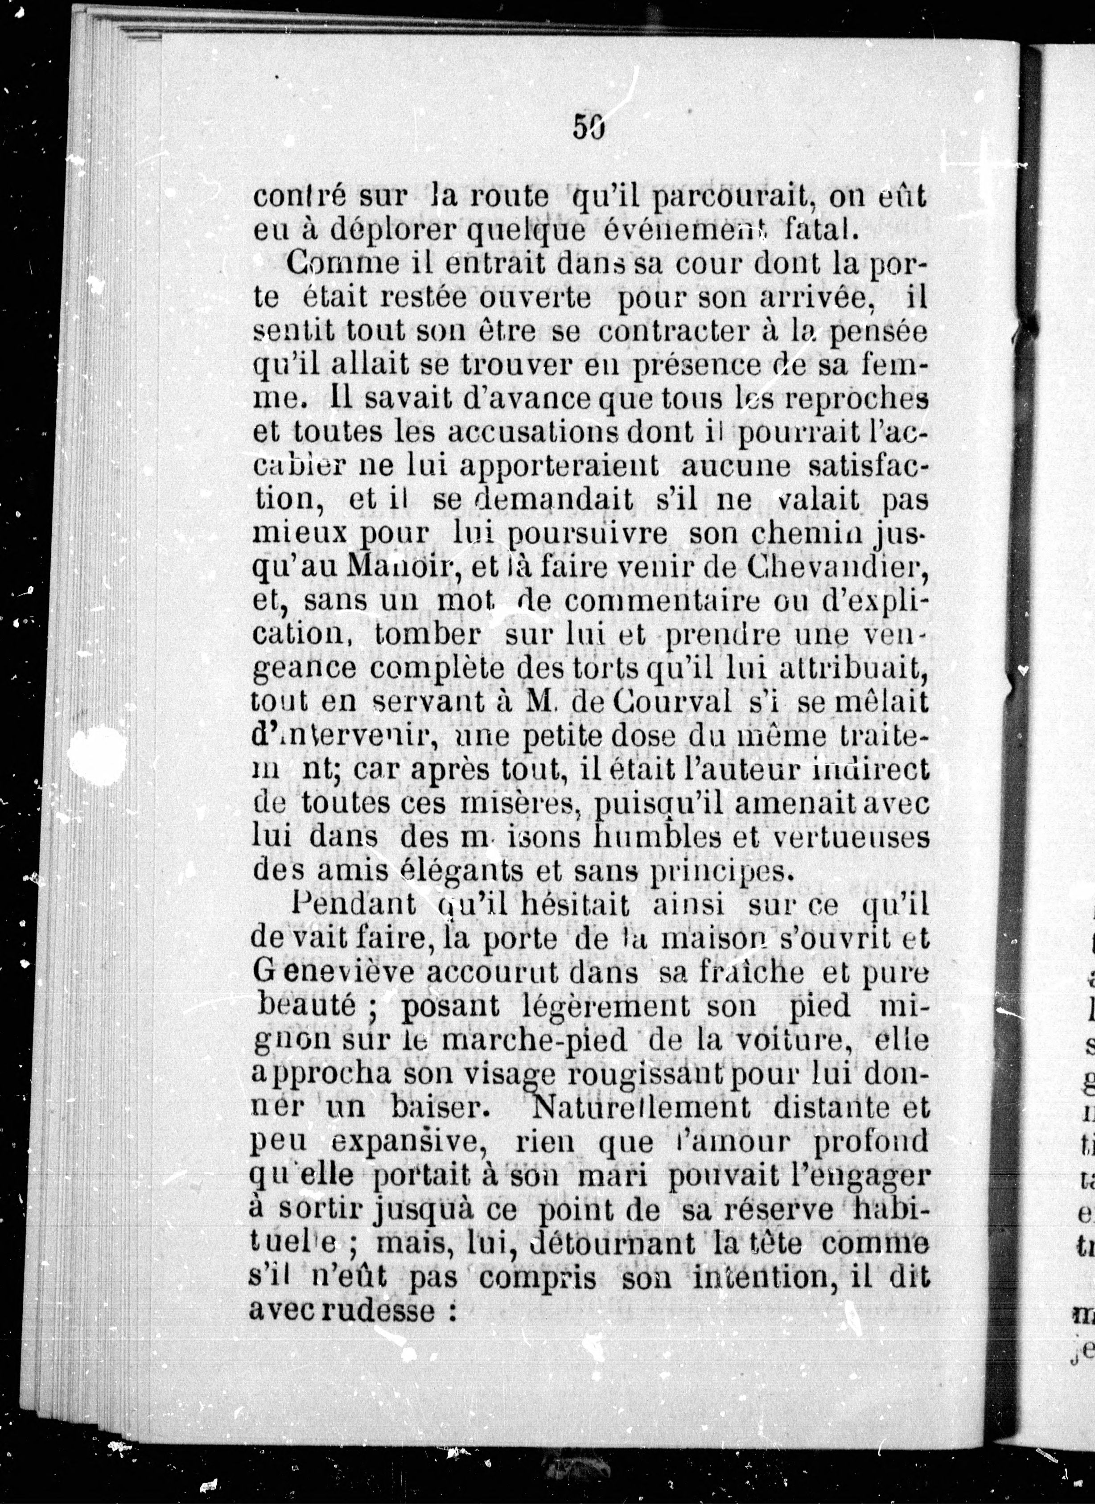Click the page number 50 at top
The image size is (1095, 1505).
587,126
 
